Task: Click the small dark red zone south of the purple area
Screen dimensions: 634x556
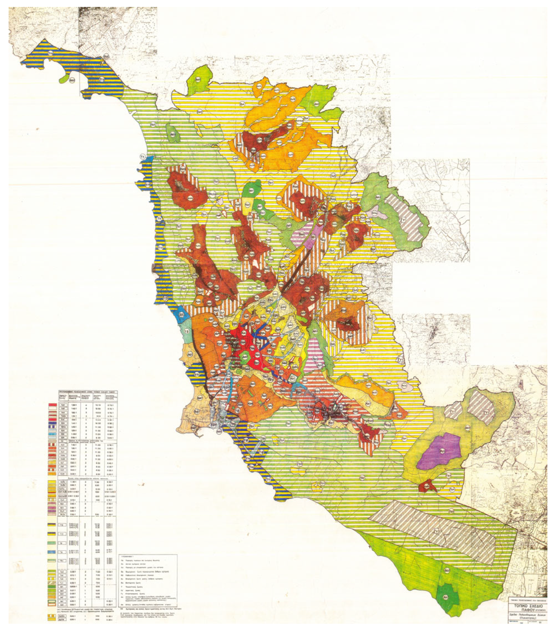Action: [x=427, y=487]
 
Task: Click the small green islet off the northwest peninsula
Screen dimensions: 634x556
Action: [x=64, y=79]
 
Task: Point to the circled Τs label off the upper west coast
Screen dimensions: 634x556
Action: [x=143, y=155]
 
